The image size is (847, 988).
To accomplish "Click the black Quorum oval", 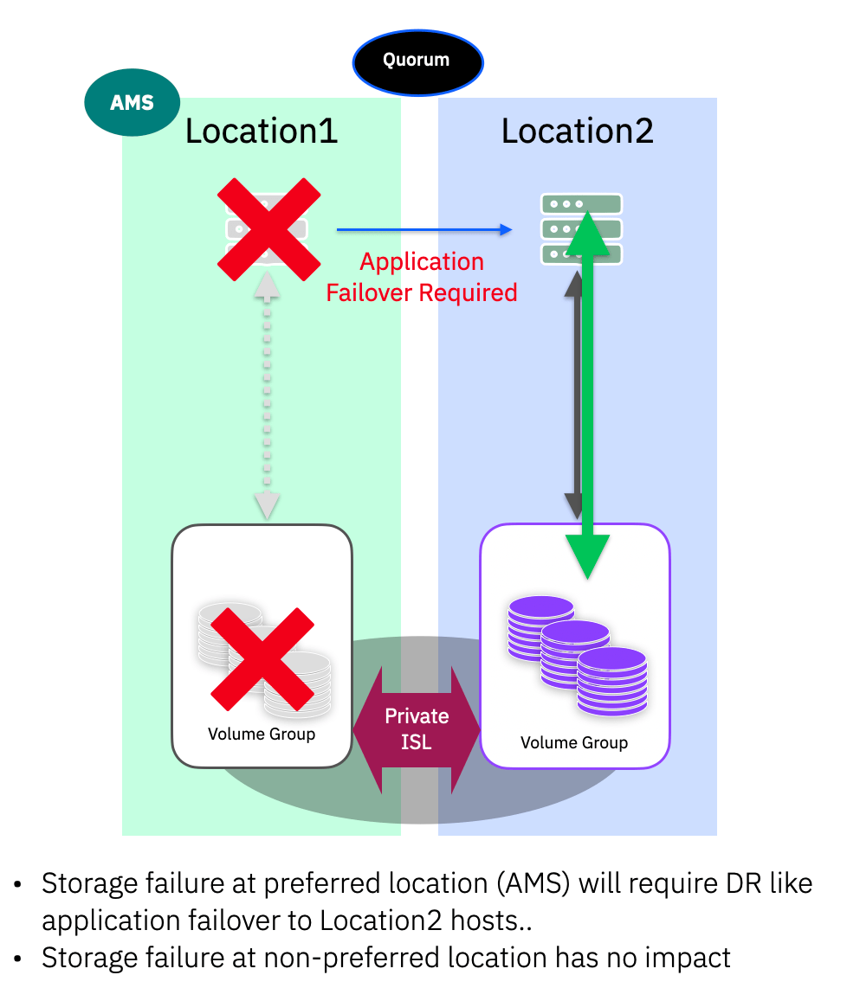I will point(417,61).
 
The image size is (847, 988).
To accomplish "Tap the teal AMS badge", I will point(132,103).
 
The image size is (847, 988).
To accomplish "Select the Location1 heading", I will point(261,132).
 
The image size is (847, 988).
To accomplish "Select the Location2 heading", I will point(577,132).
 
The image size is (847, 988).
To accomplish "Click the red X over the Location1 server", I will point(268,229).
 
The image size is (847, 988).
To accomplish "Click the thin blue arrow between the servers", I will point(423,230).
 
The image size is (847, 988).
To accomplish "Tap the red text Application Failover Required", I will point(422,277).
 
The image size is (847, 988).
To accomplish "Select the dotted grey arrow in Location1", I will point(267,398).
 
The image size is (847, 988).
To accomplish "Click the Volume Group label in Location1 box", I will point(262,735).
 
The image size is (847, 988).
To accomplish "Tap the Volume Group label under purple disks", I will point(573,743).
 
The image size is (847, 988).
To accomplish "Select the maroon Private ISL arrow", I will point(417,728).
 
